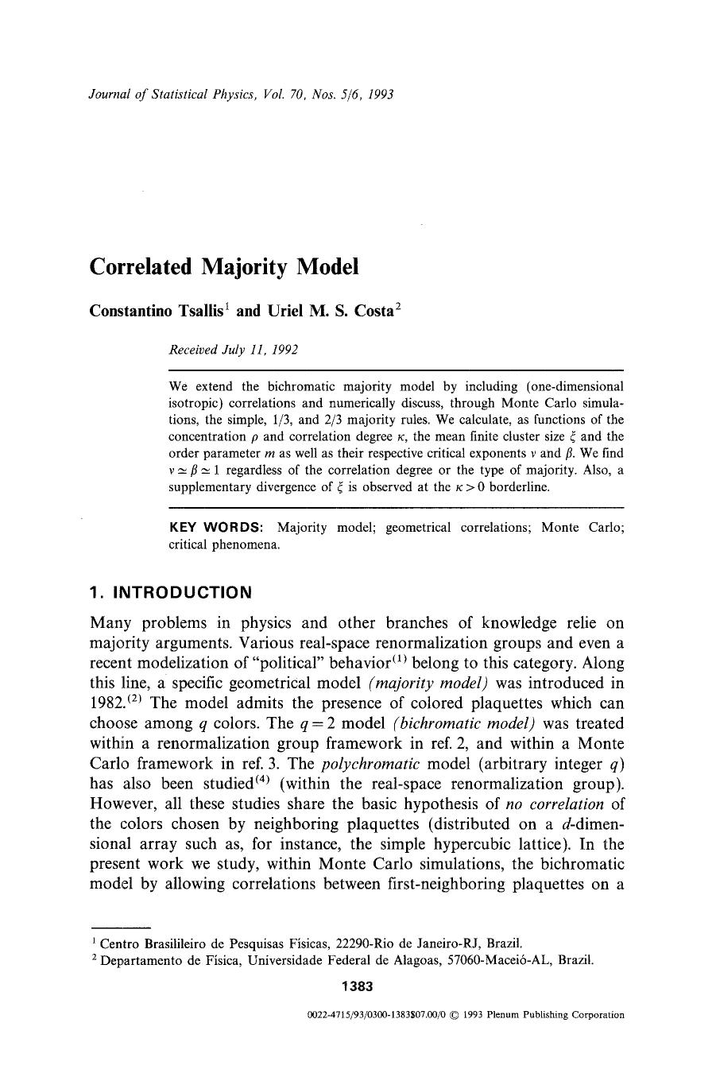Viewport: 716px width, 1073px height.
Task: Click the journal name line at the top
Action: pyautogui.click(x=242, y=95)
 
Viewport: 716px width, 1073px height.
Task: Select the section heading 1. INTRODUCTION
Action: pyautogui.click(x=171, y=592)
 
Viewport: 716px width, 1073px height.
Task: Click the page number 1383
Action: pyautogui.click(x=357, y=986)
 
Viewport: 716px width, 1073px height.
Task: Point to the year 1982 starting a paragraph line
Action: pyautogui.click(x=107, y=703)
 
